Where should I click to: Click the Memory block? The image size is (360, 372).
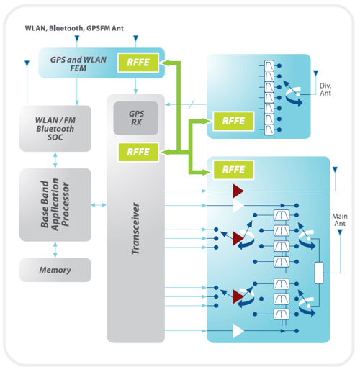coord(55,270)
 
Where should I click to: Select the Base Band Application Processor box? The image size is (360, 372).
coord(55,204)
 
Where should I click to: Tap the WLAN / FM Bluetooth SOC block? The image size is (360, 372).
coord(55,129)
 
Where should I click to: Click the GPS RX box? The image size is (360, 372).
coord(135,118)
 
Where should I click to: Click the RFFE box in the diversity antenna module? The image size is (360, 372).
coord(232,121)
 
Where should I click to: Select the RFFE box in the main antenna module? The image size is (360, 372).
coord(232,170)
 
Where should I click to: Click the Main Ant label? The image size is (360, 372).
coord(340,220)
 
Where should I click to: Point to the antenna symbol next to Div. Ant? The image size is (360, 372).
coord(315,74)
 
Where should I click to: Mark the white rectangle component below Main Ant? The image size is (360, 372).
coord(319,273)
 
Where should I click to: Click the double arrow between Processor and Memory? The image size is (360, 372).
coord(55,249)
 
